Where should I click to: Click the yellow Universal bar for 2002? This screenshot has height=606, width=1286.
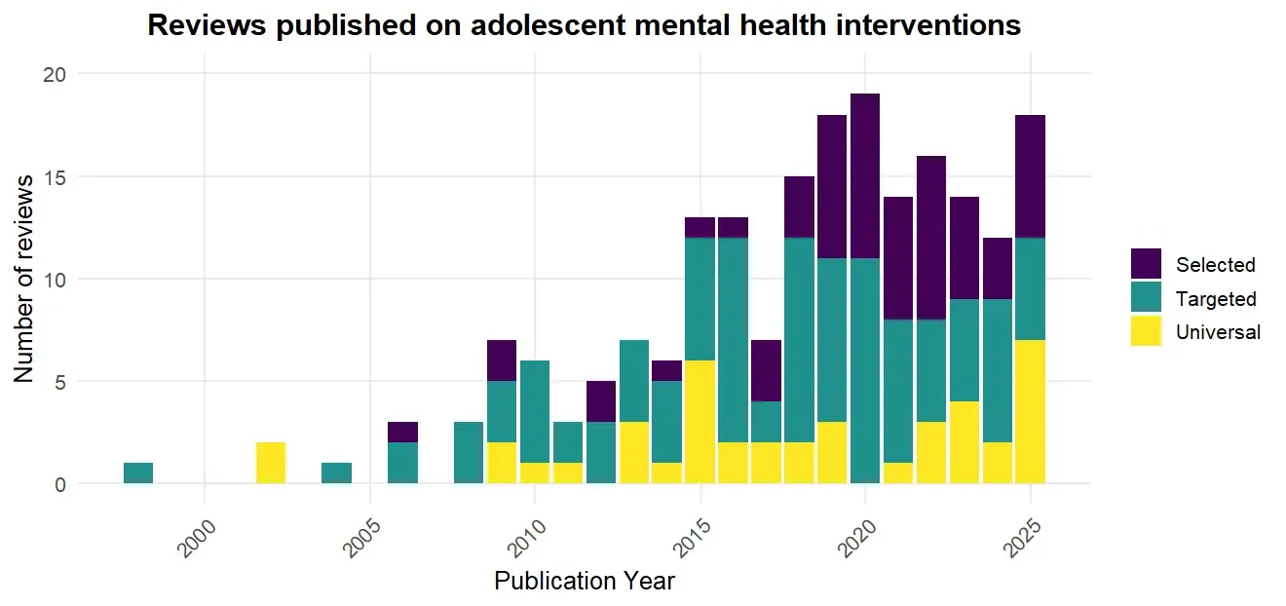pos(271,463)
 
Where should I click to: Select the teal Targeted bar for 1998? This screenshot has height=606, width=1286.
pos(138,473)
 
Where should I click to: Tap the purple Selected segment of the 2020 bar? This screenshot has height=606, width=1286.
pos(865,175)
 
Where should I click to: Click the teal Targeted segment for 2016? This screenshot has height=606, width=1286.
pos(733,340)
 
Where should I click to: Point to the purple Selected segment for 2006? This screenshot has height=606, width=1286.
pos(402,432)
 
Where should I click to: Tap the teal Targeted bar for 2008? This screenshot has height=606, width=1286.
pos(469,452)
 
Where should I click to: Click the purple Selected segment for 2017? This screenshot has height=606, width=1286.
pos(766,370)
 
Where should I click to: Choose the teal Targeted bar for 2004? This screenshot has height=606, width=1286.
pos(337,473)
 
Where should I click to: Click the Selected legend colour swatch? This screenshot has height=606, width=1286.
pos(1146,264)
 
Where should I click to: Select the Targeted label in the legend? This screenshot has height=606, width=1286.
pos(1216,299)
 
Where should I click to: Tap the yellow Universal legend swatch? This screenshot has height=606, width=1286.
pos(1146,332)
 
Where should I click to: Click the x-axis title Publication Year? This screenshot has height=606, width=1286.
pos(584,582)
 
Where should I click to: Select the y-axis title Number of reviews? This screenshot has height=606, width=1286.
pos(25,279)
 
